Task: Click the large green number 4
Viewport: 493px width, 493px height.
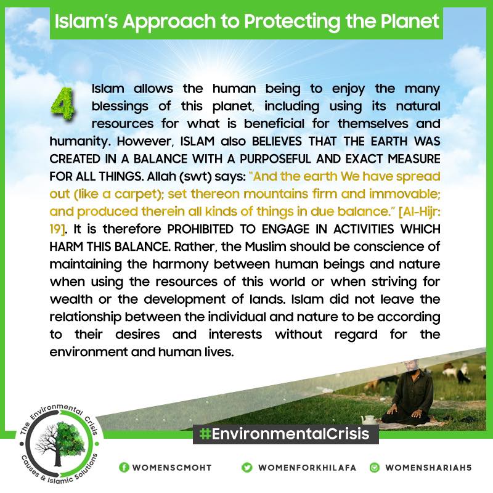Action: click(x=63, y=104)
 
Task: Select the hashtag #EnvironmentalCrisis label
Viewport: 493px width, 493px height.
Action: click(x=286, y=434)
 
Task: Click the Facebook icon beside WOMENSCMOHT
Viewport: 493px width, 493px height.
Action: click(x=124, y=468)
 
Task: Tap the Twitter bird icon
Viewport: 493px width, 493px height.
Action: click(x=247, y=468)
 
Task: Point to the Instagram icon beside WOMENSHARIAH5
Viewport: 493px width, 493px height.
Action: click(x=375, y=468)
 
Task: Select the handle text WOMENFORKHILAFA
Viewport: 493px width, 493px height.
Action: click(x=307, y=468)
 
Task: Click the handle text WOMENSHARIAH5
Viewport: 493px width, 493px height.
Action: click(x=428, y=468)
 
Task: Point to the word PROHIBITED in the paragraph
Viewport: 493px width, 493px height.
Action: click(x=200, y=229)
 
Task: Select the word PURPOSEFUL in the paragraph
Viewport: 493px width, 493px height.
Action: click(x=275, y=159)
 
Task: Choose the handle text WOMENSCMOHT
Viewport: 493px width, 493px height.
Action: click(x=172, y=468)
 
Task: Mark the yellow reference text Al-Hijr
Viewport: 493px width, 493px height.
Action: click(x=420, y=212)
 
